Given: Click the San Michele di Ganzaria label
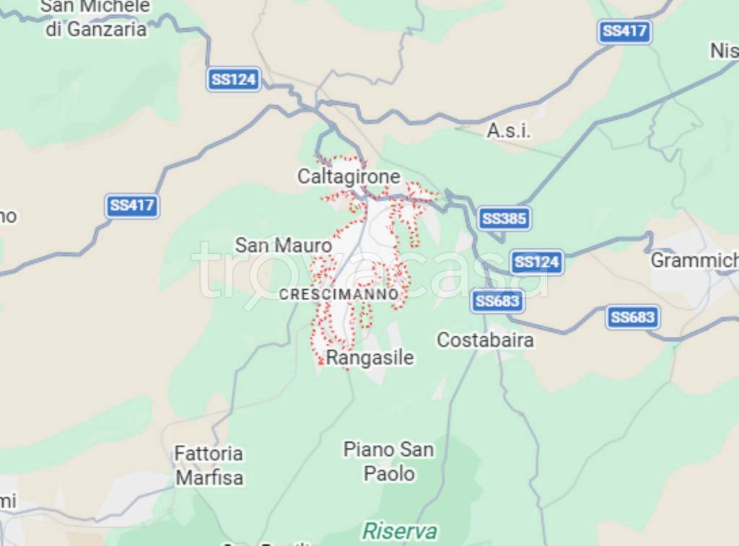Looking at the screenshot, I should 95,18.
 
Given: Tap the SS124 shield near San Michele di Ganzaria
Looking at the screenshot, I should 234,79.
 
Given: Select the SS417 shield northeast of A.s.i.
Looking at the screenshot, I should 624,31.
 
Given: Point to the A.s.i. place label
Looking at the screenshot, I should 509,131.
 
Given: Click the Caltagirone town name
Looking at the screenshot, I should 349,176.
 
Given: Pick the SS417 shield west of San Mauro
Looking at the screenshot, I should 133,206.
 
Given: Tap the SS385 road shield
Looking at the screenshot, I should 504,218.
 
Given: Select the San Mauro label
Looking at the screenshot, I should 284,245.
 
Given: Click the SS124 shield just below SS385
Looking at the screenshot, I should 537,262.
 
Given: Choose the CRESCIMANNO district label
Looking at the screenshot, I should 338,294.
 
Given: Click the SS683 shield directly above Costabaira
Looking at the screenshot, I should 497,301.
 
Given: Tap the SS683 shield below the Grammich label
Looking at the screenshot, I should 632,317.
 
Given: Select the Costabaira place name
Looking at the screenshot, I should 486,340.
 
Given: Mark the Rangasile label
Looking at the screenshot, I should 370,357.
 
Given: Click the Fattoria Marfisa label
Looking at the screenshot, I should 209,465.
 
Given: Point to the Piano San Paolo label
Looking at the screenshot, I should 389,462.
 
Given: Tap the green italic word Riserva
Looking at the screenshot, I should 399,532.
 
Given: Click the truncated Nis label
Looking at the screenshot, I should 724,50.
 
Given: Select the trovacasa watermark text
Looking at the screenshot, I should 369,268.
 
